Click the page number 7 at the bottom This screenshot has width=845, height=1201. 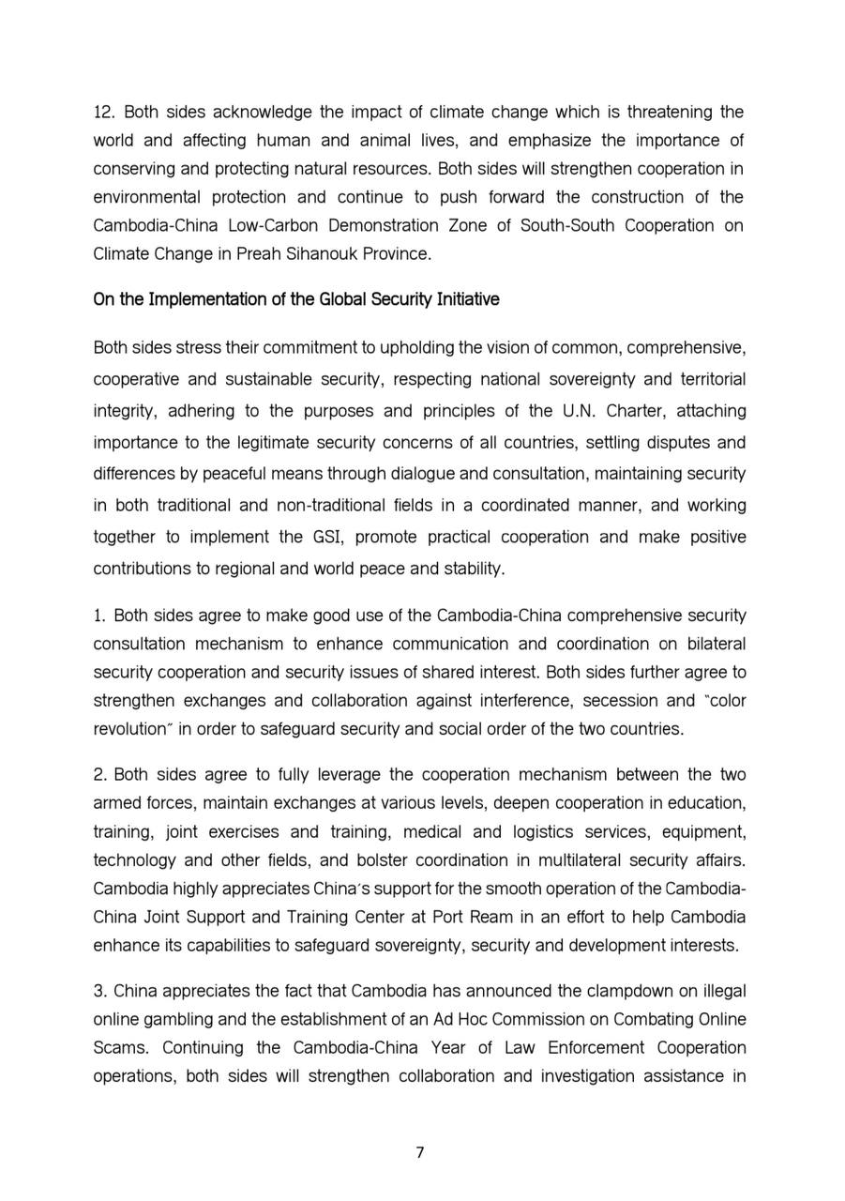[x=420, y=1153]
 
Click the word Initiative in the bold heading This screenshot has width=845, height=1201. [x=465, y=299]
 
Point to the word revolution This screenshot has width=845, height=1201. [x=128, y=729]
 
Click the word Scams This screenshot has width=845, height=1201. [x=114, y=1048]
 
